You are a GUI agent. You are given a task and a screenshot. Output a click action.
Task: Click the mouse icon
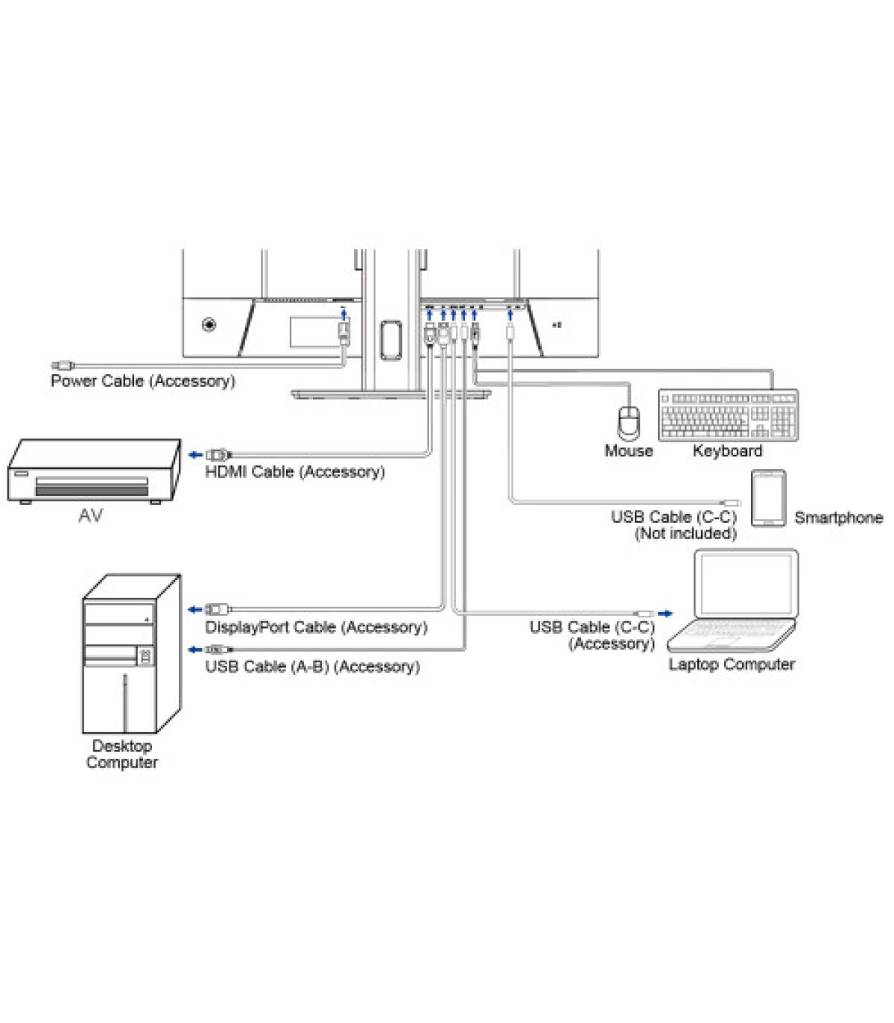click(x=630, y=423)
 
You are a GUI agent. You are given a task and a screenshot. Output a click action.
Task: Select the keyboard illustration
click(x=728, y=415)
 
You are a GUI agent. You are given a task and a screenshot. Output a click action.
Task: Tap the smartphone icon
click(x=768, y=498)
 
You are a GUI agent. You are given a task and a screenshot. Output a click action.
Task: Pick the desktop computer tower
click(x=131, y=653)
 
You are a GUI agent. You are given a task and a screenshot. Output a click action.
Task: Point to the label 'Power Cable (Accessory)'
click(x=142, y=381)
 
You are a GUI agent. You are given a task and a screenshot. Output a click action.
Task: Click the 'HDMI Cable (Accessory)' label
click(x=295, y=471)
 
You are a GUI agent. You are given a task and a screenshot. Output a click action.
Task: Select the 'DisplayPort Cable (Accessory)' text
click(x=316, y=627)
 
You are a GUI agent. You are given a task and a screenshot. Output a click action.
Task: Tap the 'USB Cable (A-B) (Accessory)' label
click(x=312, y=666)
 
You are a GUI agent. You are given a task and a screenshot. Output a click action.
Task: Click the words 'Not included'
click(x=685, y=533)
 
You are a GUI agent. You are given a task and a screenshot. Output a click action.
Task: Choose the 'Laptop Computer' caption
click(x=731, y=664)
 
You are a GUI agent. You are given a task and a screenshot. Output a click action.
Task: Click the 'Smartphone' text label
click(x=838, y=517)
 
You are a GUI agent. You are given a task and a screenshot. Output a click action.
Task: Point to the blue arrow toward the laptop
click(x=665, y=613)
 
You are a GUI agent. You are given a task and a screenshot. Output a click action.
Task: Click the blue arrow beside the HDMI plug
click(x=194, y=454)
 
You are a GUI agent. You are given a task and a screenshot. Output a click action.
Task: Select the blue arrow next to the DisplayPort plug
click(x=194, y=609)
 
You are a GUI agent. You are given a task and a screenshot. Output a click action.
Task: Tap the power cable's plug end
click(x=63, y=365)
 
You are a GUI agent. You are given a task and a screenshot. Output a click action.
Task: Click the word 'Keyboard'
click(x=727, y=450)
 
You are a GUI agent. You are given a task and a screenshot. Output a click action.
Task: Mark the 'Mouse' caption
click(x=628, y=450)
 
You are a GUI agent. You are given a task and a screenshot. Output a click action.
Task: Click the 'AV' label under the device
click(x=90, y=514)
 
